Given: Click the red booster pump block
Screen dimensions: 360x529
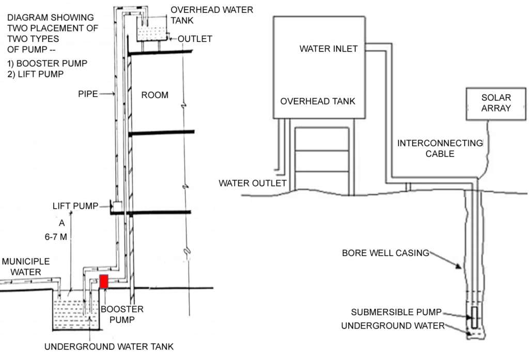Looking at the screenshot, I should coord(104,281).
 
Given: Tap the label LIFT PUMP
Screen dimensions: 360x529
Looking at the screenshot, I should coord(75,206).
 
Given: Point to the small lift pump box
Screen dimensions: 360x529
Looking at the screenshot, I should coord(117,206).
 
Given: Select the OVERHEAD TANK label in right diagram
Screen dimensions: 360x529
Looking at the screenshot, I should coord(318,101).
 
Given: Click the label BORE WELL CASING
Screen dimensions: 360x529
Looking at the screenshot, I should coord(385,253).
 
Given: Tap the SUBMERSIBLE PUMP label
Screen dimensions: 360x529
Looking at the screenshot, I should coord(396,312).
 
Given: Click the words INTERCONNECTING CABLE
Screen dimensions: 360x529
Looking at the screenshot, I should coord(440,148).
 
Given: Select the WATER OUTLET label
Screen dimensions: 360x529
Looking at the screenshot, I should coord(253,183).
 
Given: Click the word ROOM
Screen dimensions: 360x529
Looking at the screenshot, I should coord(155,95).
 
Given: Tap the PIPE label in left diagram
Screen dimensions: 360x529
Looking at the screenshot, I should coord(88,95).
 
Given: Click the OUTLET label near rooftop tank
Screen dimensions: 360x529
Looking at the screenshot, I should coord(195,39).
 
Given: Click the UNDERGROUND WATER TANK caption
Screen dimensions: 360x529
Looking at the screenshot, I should coord(109,347).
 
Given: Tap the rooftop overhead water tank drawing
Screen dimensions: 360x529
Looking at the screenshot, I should coord(153,29).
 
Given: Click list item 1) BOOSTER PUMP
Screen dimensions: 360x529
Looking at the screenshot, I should coord(47,63).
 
